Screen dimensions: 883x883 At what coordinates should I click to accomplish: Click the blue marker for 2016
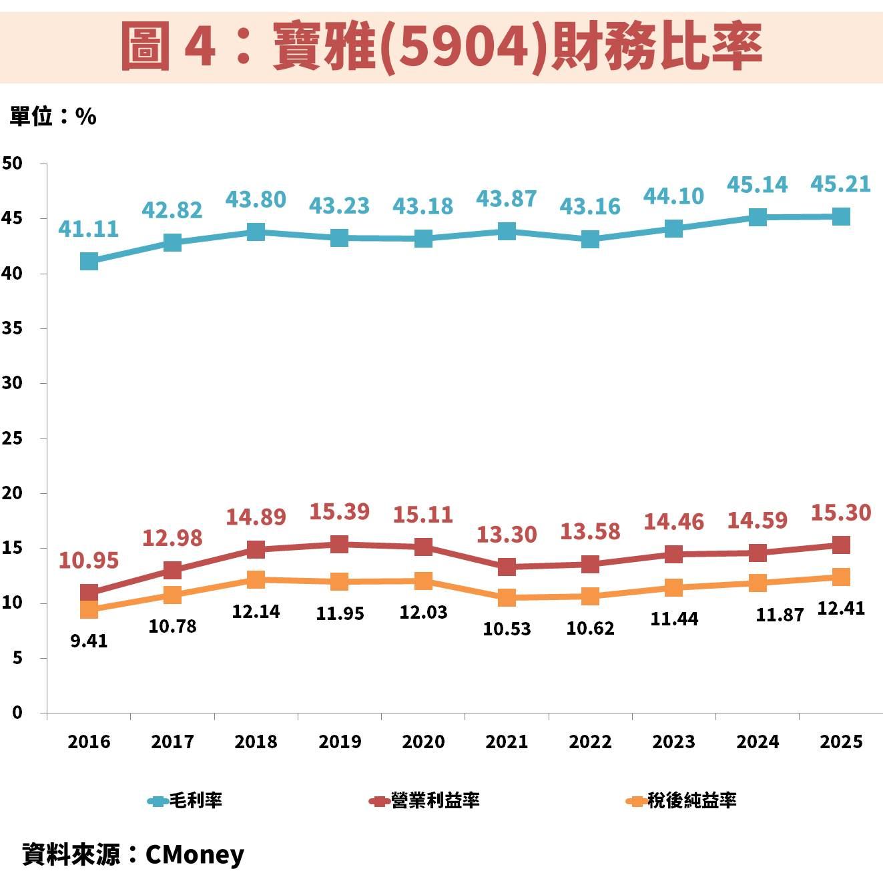(x=89, y=261)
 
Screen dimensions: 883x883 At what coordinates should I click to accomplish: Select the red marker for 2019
(x=340, y=544)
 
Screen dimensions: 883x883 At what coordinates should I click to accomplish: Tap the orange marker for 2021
(x=507, y=597)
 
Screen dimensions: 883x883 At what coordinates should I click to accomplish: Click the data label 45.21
(x=840, y=184)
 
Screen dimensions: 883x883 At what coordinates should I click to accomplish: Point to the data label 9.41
(x=89, y=641)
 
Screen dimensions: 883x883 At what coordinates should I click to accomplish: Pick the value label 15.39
(x=339, y=512)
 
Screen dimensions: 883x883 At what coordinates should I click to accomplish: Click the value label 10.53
(x=507, y=628)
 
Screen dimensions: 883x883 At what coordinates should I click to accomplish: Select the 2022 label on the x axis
(x=590, y=742)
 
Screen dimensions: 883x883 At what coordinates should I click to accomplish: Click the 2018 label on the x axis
(x=256, y=742)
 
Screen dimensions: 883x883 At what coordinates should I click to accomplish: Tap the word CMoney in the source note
(x=195, y=854)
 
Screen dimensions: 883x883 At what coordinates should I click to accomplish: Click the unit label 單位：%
(x=53, y=117)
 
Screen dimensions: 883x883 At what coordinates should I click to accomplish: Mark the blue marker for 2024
(x=758, y=217)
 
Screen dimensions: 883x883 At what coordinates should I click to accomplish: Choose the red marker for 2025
(x=841, y=545)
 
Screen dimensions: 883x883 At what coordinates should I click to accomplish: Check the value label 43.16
(x=590, y=206)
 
